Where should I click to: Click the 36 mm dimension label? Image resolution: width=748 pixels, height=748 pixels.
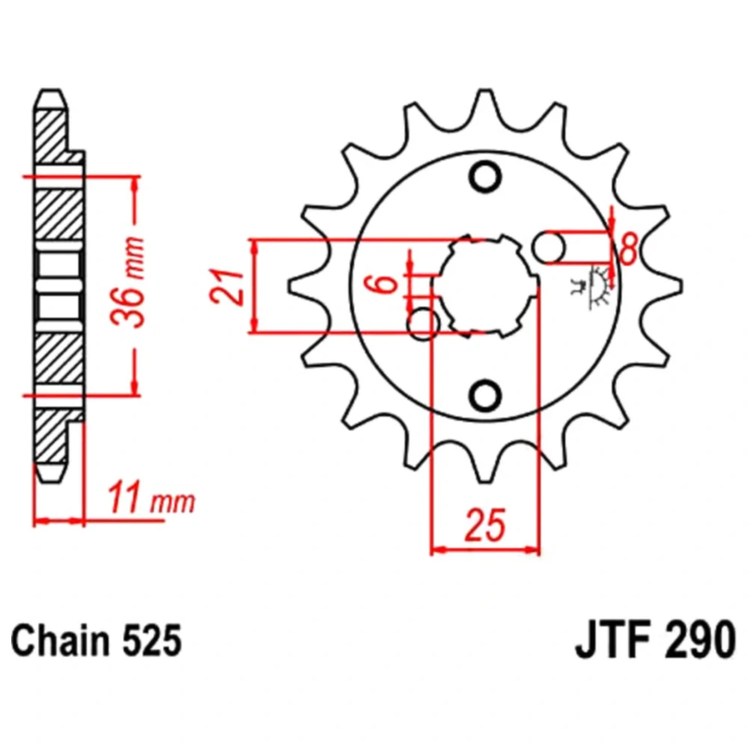click(129, 281)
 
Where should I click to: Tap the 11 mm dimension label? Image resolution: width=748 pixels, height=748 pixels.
click(152, 497)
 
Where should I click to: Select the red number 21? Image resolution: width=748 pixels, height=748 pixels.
click(226, 287)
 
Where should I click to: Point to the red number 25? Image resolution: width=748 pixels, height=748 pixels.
click(485, 525)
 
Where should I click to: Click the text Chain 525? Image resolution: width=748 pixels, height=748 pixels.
click(96, 641)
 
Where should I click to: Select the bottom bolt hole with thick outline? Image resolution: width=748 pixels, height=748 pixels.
click(485, 394)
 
